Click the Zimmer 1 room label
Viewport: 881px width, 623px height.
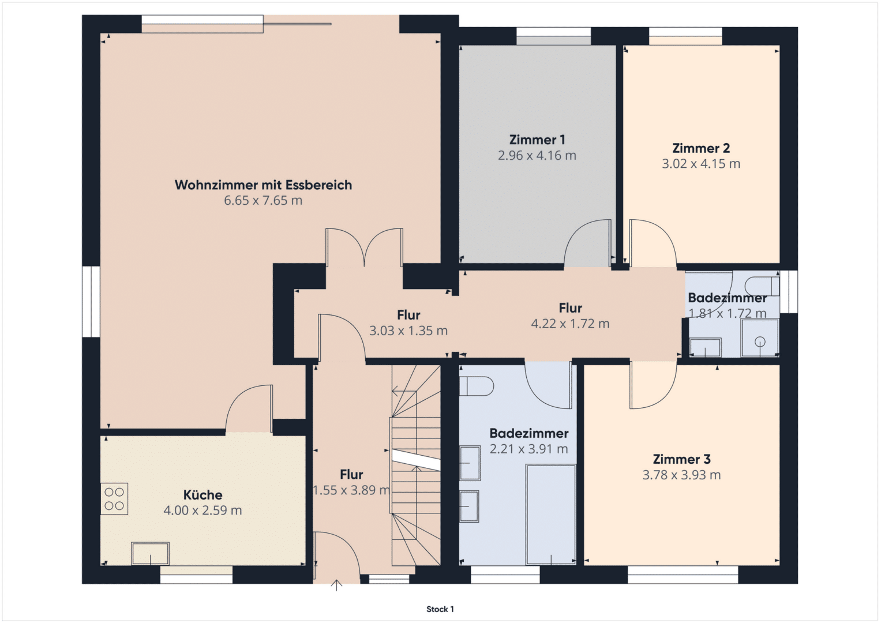click(x=537, y=140)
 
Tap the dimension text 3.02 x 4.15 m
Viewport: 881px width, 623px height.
click(x=701, y=164)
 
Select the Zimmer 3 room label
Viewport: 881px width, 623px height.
click(x=681, y=459)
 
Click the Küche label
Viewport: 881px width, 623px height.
click(x=203, y=494)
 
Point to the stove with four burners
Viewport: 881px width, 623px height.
click(x=114, y=499)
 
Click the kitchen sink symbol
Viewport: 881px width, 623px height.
click(x=150, y=553)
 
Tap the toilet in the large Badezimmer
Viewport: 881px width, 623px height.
click(x=477, y=386)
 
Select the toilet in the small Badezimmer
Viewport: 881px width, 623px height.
click(x=762, y=286)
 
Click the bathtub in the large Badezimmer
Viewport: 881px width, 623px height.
click(x=551, y=515)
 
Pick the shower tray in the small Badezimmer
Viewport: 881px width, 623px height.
click(x=760, y=338)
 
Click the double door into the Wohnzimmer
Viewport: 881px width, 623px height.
click(x=364, y=247)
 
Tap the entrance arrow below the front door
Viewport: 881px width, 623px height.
click(x=336, y=585)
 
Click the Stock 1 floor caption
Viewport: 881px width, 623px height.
click(x=440, y=609)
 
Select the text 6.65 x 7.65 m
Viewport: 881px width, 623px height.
click(x=263, y=201)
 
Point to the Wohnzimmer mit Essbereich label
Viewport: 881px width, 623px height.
click(x=263, y=185)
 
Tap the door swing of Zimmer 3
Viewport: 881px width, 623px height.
click(x=653, y=385)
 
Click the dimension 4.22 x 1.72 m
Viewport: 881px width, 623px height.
click(x=570, y=324)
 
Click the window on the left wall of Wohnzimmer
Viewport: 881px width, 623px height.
click(x=91, y=302)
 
